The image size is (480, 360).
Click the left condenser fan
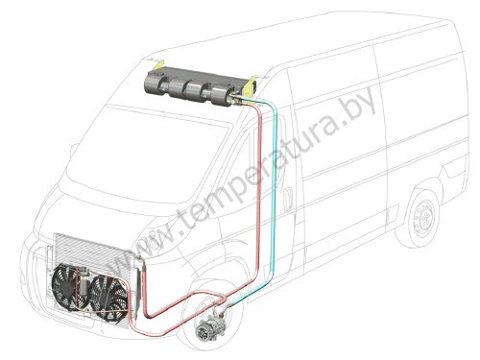[68, 286]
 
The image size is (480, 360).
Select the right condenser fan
[108, 297]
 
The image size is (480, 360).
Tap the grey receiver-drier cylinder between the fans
[84, 281]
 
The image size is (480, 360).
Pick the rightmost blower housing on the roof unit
[222, 94]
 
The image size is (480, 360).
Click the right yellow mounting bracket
[251, 85]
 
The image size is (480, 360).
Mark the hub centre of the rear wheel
[425, 218]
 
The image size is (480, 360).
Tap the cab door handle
[289, 199]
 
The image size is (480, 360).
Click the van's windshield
[146, 154]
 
